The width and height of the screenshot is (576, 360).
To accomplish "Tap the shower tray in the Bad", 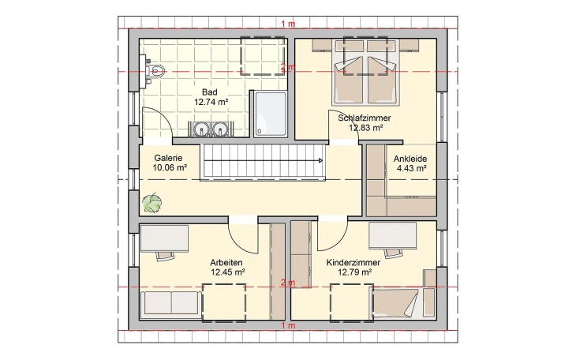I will coord(270,114).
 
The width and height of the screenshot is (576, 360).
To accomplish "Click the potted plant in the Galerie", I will coord(151,203).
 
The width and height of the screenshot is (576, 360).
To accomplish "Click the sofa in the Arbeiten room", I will coord(170,302).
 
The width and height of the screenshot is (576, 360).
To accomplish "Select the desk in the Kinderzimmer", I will coord(392,234).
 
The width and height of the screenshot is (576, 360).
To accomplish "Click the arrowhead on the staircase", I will coord(320,160).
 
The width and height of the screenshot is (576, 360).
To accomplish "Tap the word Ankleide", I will coord(410,157).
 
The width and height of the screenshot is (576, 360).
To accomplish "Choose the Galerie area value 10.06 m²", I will coord(170,167).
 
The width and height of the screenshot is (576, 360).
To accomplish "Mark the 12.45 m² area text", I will coord(227,272).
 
